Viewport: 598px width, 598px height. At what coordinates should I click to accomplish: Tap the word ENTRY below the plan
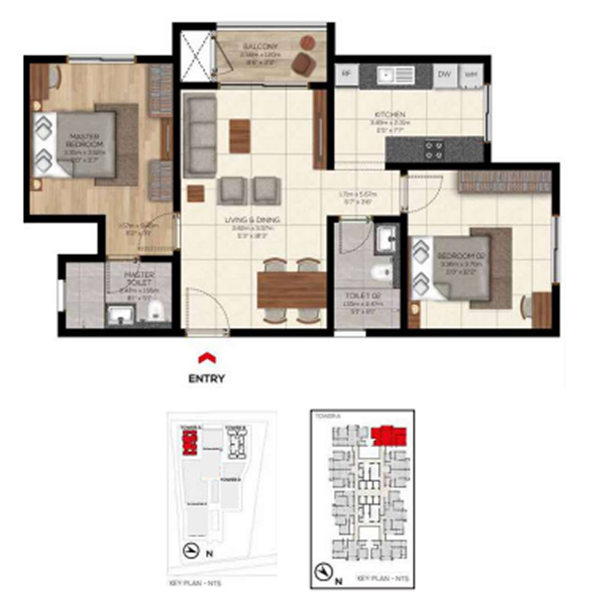(206, 378)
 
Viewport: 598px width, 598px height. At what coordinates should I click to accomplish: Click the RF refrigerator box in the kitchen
(346, 74)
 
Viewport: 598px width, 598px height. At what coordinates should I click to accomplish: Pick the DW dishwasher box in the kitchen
(444, 74)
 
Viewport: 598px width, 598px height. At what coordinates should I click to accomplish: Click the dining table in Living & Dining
(291, 290)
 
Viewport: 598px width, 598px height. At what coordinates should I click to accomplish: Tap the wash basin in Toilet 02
(386, 238)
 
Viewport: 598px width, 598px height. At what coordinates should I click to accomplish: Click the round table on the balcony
(307, 42)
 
